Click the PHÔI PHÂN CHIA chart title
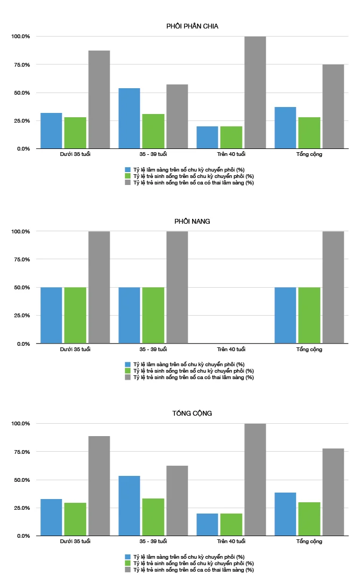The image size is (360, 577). tap(192, 26)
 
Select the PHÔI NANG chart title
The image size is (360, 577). tap(192, 221)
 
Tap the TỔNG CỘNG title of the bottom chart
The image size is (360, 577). tap(192, 413)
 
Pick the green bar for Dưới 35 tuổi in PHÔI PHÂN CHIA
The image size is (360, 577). tap(75, 133)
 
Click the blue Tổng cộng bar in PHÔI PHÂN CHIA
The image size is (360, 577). tap(285, 127)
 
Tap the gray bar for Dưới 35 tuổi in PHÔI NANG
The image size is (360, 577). tap(99, 287)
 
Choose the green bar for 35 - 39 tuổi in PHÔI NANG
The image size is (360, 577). tap(153, 315)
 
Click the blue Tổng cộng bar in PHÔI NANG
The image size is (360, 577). tap(285, 315)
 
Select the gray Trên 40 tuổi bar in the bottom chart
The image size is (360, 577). tap(255, 480)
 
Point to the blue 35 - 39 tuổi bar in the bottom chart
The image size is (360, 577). tap(129, 505)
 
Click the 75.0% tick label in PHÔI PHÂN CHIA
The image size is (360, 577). tap(22, 65)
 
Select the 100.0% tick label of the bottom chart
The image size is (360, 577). tap(21, 424)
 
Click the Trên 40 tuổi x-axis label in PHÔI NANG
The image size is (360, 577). tap(231, 349)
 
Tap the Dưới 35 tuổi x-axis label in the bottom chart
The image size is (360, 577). tap(75, 541)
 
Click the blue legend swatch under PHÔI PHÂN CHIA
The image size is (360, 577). tap(128, 169)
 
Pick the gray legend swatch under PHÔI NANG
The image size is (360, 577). tap(128, 377)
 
